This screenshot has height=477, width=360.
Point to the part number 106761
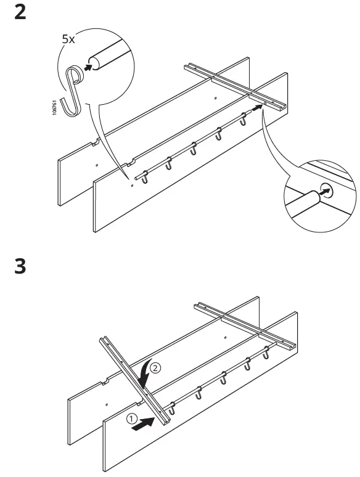[x=55, y=107]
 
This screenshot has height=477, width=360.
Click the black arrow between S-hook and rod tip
[x=89, y=67]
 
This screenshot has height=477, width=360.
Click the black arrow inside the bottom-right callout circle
[x=318, y=193]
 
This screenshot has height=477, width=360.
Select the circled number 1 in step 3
[x=131, y=418]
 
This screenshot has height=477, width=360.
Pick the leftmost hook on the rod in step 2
[x=144, y=177]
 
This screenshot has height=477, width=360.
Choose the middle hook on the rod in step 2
[x=194, y=149]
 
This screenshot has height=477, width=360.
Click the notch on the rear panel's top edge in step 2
[x=95, y=144]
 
